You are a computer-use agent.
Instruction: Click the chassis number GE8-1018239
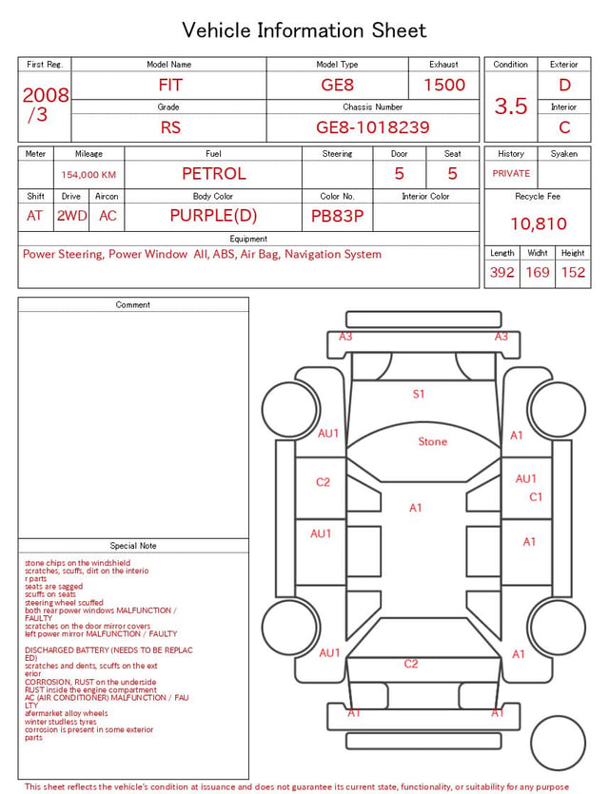pyautogui.click(x=372, y=127)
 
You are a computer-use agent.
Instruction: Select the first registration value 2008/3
pyautogui.click(x=45, y=105)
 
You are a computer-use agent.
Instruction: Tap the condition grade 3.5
pyautogui.click(x=511, y=107)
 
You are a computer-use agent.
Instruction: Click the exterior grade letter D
pyautogui.click(x=564, y=85)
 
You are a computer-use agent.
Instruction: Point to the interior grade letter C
pyautogui.click(x=564, y=127)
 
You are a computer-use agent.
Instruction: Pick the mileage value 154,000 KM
pyautogui.click(x=88, y=175)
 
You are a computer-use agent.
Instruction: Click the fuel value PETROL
pyautogui.click(x=214, y=174)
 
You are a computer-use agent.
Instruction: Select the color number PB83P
pyautogui.click(x=338, y=216)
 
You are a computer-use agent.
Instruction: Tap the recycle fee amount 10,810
pyautogui.click(x=538, y=223)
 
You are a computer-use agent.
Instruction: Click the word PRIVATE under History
pyautogui.click(x=511, y=174)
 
